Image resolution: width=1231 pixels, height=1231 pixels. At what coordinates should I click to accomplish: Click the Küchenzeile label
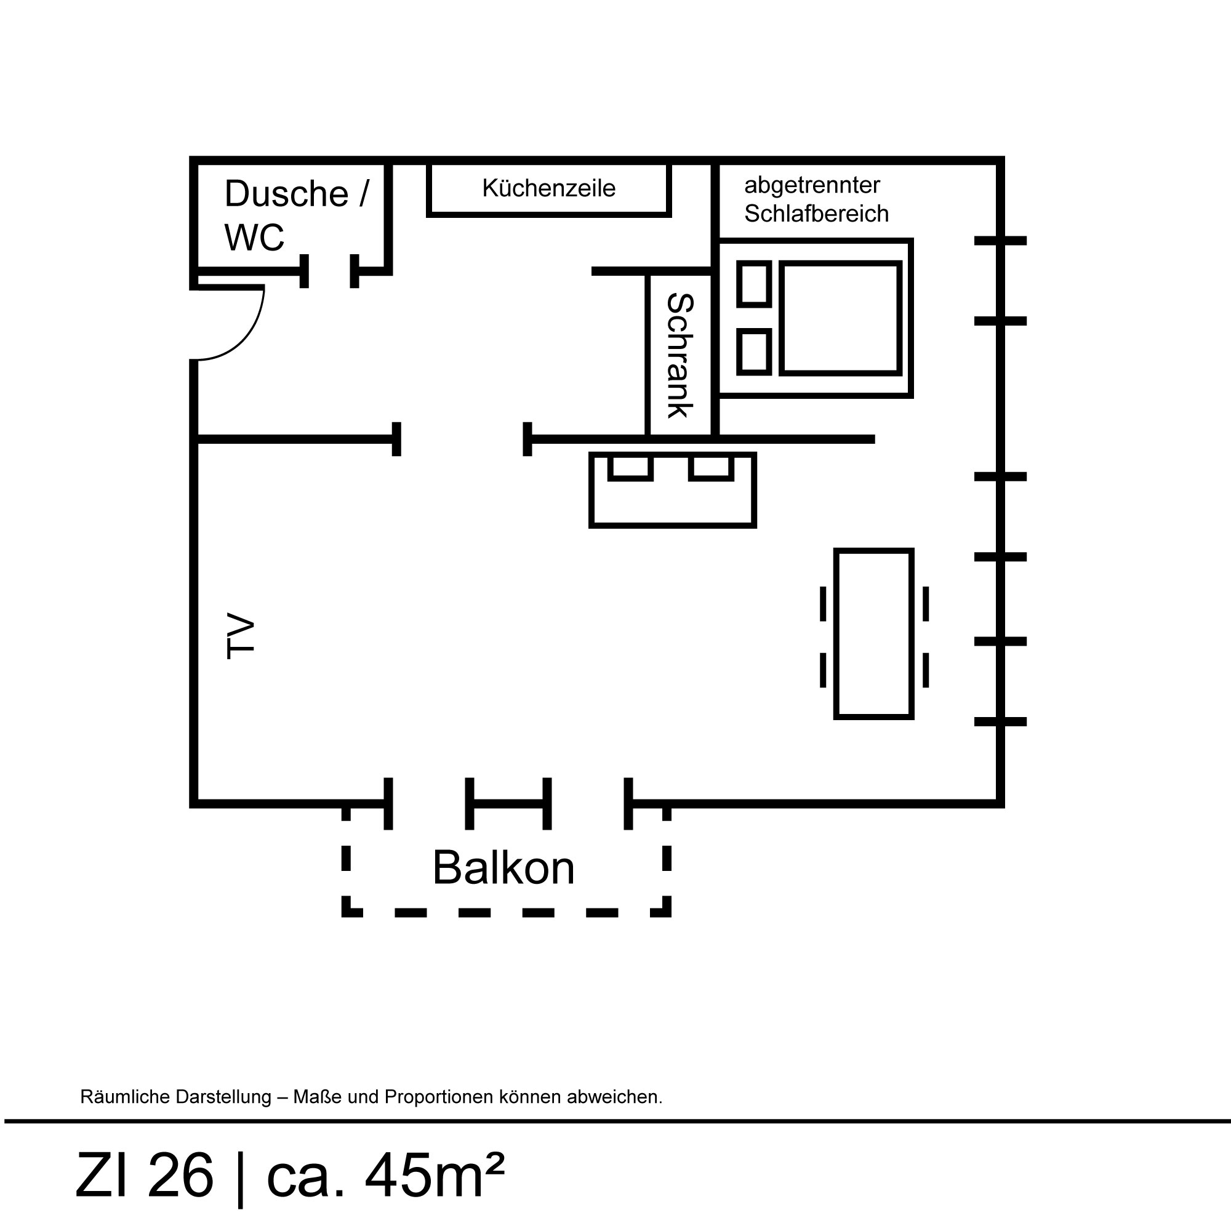point(548,188)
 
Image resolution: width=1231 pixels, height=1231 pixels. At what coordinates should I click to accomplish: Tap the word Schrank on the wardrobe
point(680,356)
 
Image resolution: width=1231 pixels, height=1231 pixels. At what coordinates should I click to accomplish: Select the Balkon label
point(503,868)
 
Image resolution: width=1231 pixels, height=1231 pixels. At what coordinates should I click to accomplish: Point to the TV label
point(241,635)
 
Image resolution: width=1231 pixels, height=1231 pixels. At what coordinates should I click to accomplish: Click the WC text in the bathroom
point(254,238)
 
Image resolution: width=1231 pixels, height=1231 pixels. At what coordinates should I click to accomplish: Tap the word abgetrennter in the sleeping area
point(812,185)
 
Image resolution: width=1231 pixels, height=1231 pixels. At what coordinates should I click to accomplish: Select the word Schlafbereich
point(816,214)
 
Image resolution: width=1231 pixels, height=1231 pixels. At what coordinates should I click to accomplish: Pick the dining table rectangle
point(873,633)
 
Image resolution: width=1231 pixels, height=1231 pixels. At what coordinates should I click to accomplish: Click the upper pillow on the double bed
point(755,284)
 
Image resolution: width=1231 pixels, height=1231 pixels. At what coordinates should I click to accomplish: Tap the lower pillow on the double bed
point(755,351)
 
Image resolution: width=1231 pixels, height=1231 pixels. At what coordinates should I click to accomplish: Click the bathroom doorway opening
point(329,271)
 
